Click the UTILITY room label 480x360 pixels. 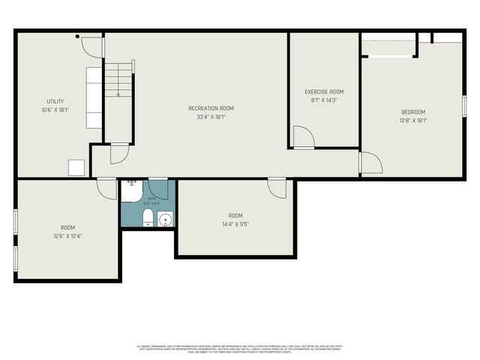pos(55,101)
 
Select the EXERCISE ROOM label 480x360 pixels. pos(324,91)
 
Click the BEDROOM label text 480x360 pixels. pos(412,112)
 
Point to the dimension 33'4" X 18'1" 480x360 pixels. pos(211,117)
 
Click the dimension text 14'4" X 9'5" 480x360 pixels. pos(235,223)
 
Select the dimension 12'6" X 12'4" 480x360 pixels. pos(67,236)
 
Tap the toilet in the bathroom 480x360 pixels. pos(148,218)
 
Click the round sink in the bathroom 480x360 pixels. pos(165,219)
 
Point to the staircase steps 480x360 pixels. pos(117,78)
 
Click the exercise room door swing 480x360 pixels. pos(302,136)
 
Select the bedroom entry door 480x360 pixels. pos(370,163)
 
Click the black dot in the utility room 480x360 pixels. pos(77,36)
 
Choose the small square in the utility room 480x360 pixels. pos(76,166)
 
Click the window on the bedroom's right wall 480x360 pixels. pos(464,106)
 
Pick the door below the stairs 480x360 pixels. pos(118,153)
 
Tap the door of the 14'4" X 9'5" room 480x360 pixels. pos(277,187)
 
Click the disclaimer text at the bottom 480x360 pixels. pos(240,349)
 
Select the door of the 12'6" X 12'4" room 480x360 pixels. pos(106,187)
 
